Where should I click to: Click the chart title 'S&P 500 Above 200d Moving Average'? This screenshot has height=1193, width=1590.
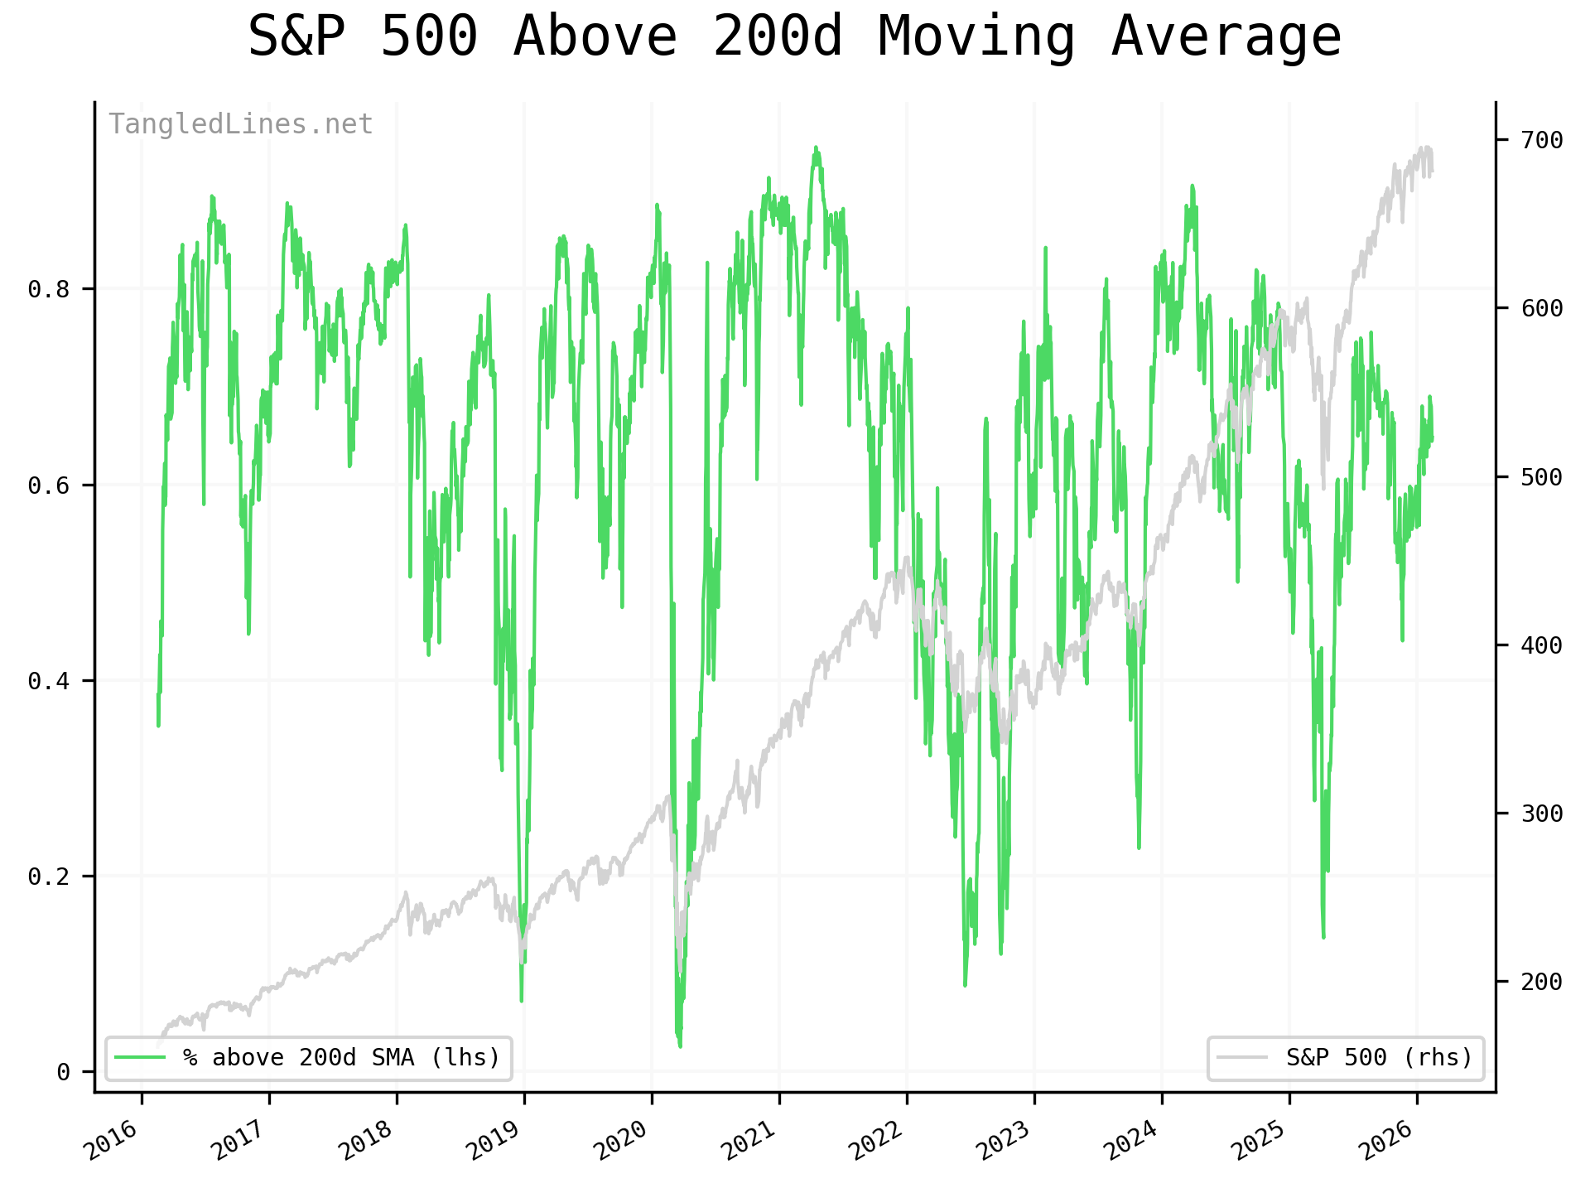click(x=794, y=37)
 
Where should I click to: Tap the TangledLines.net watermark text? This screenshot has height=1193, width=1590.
click(x=241, y=124)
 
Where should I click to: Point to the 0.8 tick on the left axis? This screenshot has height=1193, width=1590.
click(x=49, y=289)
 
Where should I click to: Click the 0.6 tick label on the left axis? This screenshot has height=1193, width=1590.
click(x=49, y=485)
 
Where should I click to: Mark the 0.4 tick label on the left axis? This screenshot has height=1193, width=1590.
click(x=49, y=681)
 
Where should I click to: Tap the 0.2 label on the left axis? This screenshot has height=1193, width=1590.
click(x=49, y=877)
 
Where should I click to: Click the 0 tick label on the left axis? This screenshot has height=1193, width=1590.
click(x=64, y=1073)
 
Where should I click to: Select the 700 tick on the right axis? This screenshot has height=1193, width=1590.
click(x=1542, y=140)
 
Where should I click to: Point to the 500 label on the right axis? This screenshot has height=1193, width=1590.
click(x=1542, y=477)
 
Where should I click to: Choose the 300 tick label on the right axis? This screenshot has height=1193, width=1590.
click(x=1542, y=814)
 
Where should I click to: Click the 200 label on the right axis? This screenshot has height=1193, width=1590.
click(x=1542, y=982)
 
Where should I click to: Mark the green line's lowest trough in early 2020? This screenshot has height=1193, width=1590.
click(x=680, y=1046)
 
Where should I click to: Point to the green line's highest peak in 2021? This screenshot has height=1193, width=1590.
click(x=816, y=147)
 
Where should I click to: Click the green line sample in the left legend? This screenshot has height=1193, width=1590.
click(x=140, y=1058)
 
